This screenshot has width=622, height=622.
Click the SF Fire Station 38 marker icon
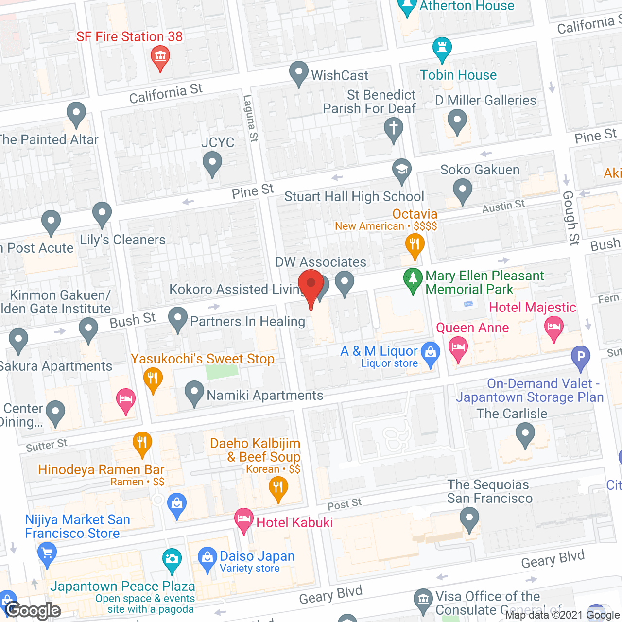[160, 57]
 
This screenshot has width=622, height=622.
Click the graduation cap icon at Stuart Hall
[402, 170]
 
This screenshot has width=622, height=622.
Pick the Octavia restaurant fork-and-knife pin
[415, 244]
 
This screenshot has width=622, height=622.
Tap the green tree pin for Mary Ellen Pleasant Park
[413, 279]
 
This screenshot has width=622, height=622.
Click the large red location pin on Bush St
[311, 285]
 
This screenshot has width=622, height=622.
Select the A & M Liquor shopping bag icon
[431, 353]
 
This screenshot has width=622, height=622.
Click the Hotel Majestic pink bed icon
[553, 327]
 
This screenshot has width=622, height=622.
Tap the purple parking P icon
[580, 357]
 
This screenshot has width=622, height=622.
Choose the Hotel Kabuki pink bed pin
[243, 519]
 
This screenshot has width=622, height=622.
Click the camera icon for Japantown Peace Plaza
[172, 559]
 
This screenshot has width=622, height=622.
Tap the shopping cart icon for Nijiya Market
[47, 553]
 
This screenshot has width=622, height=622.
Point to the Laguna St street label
[250, 119]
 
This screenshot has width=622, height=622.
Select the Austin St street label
[503, 207]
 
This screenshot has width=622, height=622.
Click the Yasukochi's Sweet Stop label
[203, 359]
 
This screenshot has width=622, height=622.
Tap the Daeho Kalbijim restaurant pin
[278, 487]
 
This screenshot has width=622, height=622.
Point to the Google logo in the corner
[33, 610]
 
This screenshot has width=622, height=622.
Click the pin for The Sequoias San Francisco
[469, 518]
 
